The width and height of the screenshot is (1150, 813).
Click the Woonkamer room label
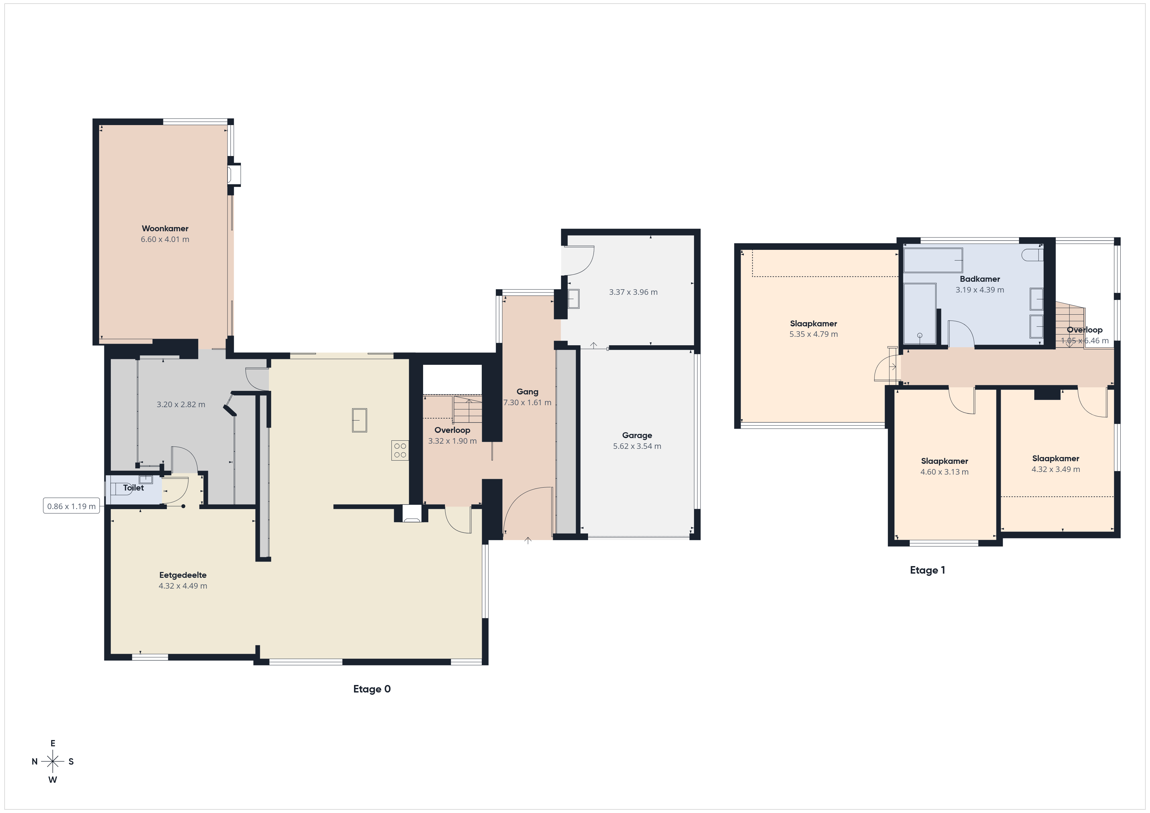click(165, 228)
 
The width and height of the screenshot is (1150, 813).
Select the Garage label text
click(637, 435)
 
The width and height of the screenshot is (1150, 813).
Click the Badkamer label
click(980, 279)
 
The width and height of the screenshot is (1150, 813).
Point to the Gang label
click(527, 392)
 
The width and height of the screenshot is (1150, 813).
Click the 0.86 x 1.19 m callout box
click(71, 506)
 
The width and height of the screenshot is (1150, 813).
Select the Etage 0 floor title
click(372, 689)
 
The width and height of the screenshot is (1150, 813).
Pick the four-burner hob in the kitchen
click(400, 450)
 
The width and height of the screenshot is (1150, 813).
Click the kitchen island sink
click(359, 420)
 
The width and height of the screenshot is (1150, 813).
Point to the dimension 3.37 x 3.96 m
click(633, 292)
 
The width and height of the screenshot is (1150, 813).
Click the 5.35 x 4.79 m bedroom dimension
click(813, 334)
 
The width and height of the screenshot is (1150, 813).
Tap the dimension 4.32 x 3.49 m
click(1055, 469)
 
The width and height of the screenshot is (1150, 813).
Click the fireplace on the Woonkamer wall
click(234, 175)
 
